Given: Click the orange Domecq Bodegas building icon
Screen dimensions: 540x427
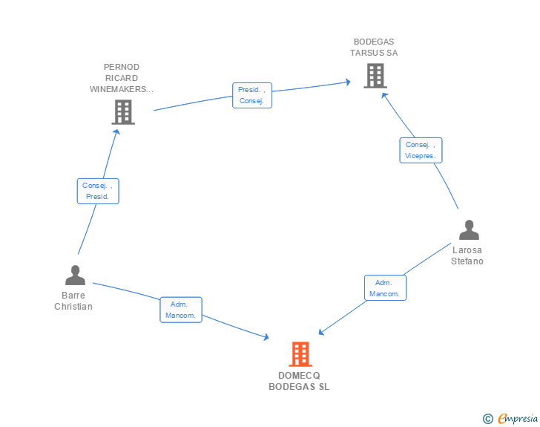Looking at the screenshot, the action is click(x=300, y=354).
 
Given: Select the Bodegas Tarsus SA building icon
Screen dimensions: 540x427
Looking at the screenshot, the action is click(x=375, y=76).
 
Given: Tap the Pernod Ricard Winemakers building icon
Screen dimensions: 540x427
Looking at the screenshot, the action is click(x=123, y=112).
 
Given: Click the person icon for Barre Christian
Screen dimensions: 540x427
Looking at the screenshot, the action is click(x=75, y=275).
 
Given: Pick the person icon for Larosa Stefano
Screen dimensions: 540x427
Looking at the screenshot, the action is click(x=469, y=229).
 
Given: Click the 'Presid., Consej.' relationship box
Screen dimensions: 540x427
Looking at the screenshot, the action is click(x=252, y=95).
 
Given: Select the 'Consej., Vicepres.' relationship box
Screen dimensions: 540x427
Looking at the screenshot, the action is click(x=421, y=151).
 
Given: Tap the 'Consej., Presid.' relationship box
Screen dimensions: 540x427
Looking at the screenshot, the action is click(x=98, y=191).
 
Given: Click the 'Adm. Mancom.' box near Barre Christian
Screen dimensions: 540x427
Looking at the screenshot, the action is click(x=181, y=310).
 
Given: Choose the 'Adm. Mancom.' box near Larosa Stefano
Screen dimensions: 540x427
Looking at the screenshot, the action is click(x=386, y=287).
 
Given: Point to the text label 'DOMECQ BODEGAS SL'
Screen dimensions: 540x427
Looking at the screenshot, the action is click(x=299, y=381).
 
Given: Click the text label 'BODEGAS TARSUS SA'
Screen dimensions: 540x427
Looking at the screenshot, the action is click(x=374, y=48).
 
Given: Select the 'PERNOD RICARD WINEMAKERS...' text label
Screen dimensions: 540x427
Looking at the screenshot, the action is click(x=121, y=78).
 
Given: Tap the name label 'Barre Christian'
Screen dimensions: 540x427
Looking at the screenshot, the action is click(x=73, y=301).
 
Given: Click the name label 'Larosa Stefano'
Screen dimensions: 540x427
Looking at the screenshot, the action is click(x=467, y=255).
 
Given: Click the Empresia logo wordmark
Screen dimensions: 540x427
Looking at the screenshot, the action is click(x=518, y=418).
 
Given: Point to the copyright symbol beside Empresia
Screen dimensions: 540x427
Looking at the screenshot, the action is click(x=488, y=419).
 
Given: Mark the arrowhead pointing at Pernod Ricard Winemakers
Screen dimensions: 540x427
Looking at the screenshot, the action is click(x=117, y=131).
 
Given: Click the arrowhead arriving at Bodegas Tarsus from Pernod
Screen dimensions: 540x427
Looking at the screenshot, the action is click(x=348, y=82).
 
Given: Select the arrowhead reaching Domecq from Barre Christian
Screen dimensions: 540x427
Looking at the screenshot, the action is click(x=266, y=337).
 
